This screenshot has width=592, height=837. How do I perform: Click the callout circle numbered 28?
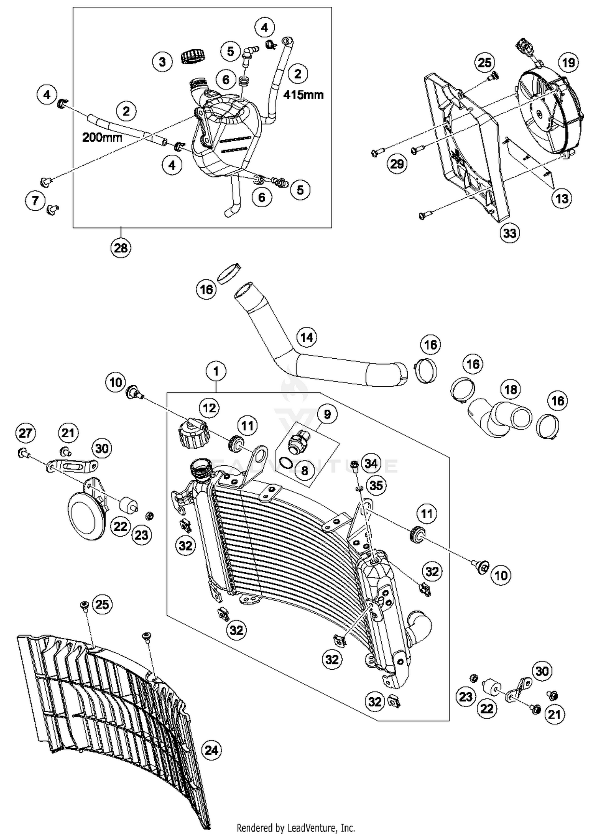[121, 248]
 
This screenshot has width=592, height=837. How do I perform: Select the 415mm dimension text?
[303, 95]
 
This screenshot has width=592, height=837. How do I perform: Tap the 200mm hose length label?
[102, 137]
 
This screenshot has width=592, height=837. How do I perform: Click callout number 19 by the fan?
[569, 62]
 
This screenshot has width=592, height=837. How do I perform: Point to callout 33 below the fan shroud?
[510, 233]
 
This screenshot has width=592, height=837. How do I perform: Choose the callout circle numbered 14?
[307, 337]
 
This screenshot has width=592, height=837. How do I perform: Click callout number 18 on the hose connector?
[511, 390]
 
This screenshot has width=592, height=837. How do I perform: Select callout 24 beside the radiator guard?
[212, 750]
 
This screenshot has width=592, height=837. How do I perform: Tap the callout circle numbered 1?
[216, 371]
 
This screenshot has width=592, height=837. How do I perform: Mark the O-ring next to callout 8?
[286, 462]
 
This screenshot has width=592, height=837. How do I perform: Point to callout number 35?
[376, 485]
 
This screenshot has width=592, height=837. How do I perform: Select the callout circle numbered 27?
[26, 433]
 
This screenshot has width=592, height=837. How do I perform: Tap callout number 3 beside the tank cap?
[162, 62]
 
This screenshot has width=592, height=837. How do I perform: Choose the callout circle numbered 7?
[35, 200]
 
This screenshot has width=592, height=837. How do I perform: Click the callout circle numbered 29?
[397, 163]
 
